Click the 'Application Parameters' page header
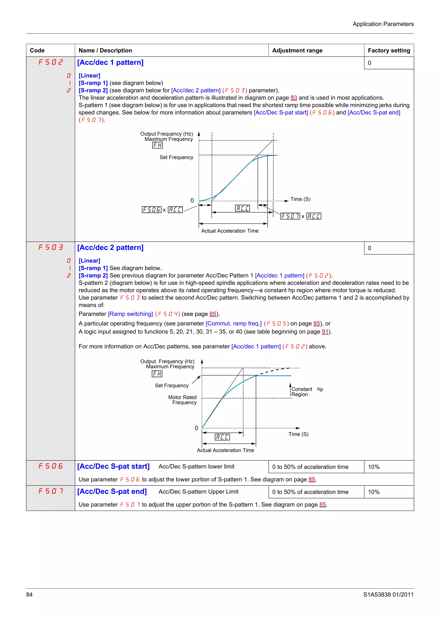coord(383,24)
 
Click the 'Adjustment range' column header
coord(297,50)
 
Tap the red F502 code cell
coord(50,62)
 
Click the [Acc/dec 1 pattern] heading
coord(110,63)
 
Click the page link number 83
coord(294,98)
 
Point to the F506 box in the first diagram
coord(151,210)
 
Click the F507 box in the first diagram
coord(290,216)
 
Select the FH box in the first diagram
coord(157,145)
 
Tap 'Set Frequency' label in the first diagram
coord(176,157)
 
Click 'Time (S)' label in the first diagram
coord(300,199)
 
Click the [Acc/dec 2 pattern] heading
coord(110,248)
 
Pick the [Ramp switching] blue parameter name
coord(130,314)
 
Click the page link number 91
coord(325,332)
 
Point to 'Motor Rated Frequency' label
coord(182,400)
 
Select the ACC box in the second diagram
coord(222,437)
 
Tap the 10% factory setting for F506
coord(374,467)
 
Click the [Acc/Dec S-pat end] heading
coord(112,492)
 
